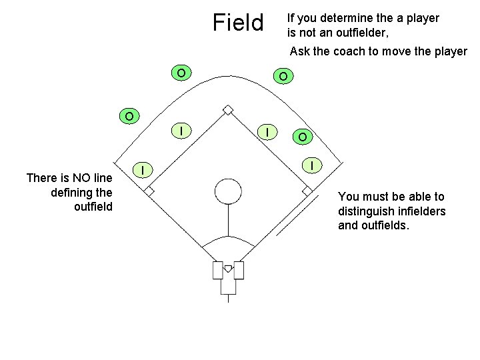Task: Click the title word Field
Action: pyautogui.click(x=238, y=23)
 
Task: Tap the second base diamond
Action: pyautogui.click(x=228, y=109)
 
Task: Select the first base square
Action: pyautogui.click(x=307, y=191)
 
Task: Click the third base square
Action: pyautogui.click(x=149, y=191)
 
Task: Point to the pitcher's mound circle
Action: pyautogui.click(x=228, y=191)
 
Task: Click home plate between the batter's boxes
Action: pyautogui.click(x=228, y=269)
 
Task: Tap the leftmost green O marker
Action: pyautogui.click(x=129, y=116)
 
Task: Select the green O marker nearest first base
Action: pyautogui.click(x=303, y=137)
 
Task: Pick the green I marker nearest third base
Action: pyautogui.click(x=142, y=169)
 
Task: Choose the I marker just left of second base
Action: pyautogui.click(x=181, y=129)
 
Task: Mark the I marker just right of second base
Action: pyautogui.click(x=267, y=133)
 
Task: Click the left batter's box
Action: pyautogui.click(x=217, y=271)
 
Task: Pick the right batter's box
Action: pyautogui.click(x=239, y=271)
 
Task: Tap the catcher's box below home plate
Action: pyautogui.click(x=228, y=285)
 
